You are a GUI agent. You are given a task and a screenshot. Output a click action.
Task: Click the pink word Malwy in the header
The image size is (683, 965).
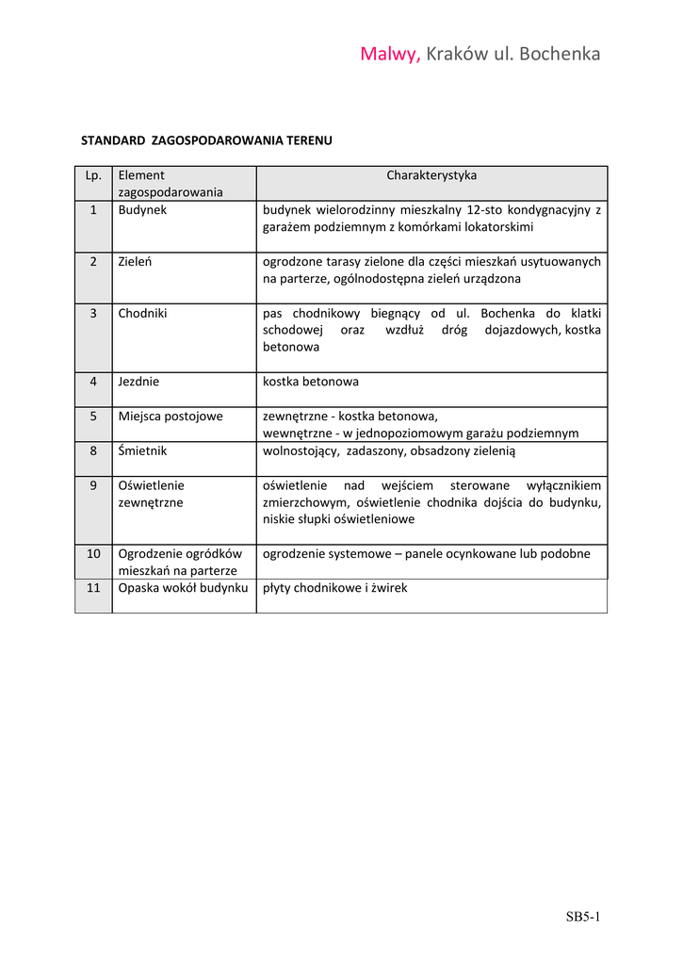(x=389, y=54)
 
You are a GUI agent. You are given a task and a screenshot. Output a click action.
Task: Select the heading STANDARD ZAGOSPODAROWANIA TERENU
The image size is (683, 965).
(x=206, y=140)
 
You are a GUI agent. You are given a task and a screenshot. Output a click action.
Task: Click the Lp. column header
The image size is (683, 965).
(x=93, y=175)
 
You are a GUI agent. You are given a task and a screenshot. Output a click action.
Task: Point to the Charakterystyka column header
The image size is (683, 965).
(x=431, y=175)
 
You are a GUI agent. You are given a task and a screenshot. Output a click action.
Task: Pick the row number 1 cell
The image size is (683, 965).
(x=93, y=210)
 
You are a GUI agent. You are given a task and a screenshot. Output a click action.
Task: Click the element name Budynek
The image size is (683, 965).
(x=142, y=210)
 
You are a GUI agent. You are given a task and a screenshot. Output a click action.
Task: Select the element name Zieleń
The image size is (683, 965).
(x=136, y=262)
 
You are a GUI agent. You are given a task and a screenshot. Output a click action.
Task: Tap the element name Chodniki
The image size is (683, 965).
(x=142, y=313)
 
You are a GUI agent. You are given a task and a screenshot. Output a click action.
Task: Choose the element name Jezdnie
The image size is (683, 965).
(x=138, y=382)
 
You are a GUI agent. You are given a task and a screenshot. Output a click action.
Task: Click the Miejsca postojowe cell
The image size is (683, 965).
(x=171, y=416)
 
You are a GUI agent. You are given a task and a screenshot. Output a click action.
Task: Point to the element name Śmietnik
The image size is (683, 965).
(x=142, y=450)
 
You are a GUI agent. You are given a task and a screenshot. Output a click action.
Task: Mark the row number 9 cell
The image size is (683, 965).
(x=93, y=485)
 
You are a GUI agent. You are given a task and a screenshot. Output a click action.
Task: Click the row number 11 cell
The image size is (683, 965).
(x=93, y=588)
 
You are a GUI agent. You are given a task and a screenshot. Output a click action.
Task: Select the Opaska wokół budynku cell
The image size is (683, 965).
(x=183, y=588)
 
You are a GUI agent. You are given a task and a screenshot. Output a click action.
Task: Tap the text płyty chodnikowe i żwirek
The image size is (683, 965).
(x=334, y=588)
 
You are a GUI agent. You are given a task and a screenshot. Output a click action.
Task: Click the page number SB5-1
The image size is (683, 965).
(x=583, y=916)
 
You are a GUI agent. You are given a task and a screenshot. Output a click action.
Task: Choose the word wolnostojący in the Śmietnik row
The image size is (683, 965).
(x=301, y=450)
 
